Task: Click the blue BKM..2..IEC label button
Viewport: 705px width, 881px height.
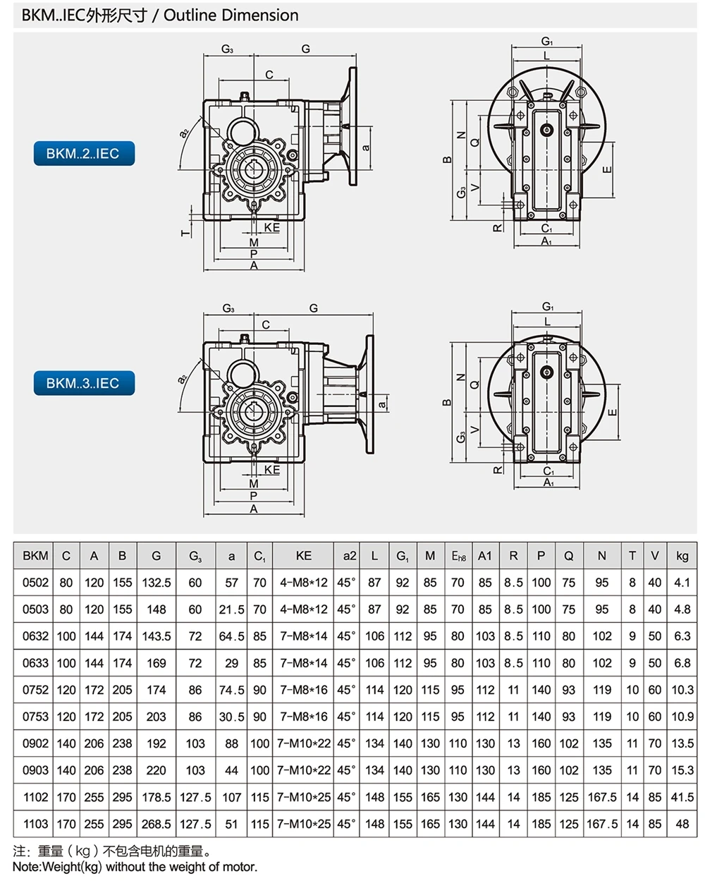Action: (x=83, y=153)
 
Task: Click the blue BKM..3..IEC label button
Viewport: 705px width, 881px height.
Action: (x=83, y=383)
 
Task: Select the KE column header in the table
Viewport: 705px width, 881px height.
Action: (x=303, y=556)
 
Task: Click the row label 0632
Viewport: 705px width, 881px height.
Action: (x=35, y=636)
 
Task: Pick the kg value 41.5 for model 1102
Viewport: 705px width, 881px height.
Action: (x=682, y=797)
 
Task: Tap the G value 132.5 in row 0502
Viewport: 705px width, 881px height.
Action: (x=157, y=583)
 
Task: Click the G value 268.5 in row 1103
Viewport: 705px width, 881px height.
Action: (x=157, y=824)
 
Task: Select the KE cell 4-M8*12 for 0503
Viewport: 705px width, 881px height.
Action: (x=303, y=609)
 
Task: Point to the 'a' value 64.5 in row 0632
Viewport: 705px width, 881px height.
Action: (x=231, y=636)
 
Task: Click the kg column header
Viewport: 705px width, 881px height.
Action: (x=682, y=556)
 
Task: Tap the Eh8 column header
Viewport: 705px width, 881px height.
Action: (x=458, y=556)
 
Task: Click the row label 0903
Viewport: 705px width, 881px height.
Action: (x=35, y=770)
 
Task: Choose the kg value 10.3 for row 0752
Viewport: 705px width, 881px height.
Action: (x=682, y=690)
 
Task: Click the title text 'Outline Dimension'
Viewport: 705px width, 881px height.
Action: (x=231, y=15)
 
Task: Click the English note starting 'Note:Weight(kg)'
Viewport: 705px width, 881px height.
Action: (x=135, y=867)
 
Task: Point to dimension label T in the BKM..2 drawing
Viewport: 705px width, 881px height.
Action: (x=185, y=231)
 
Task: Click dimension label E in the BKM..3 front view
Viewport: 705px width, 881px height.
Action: (x=612, y=413)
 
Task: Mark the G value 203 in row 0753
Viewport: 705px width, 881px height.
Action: (x=157, y=717)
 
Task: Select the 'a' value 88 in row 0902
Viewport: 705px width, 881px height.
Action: (x=231, y=743)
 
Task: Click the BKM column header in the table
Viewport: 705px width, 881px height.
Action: (x=35, y=556)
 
